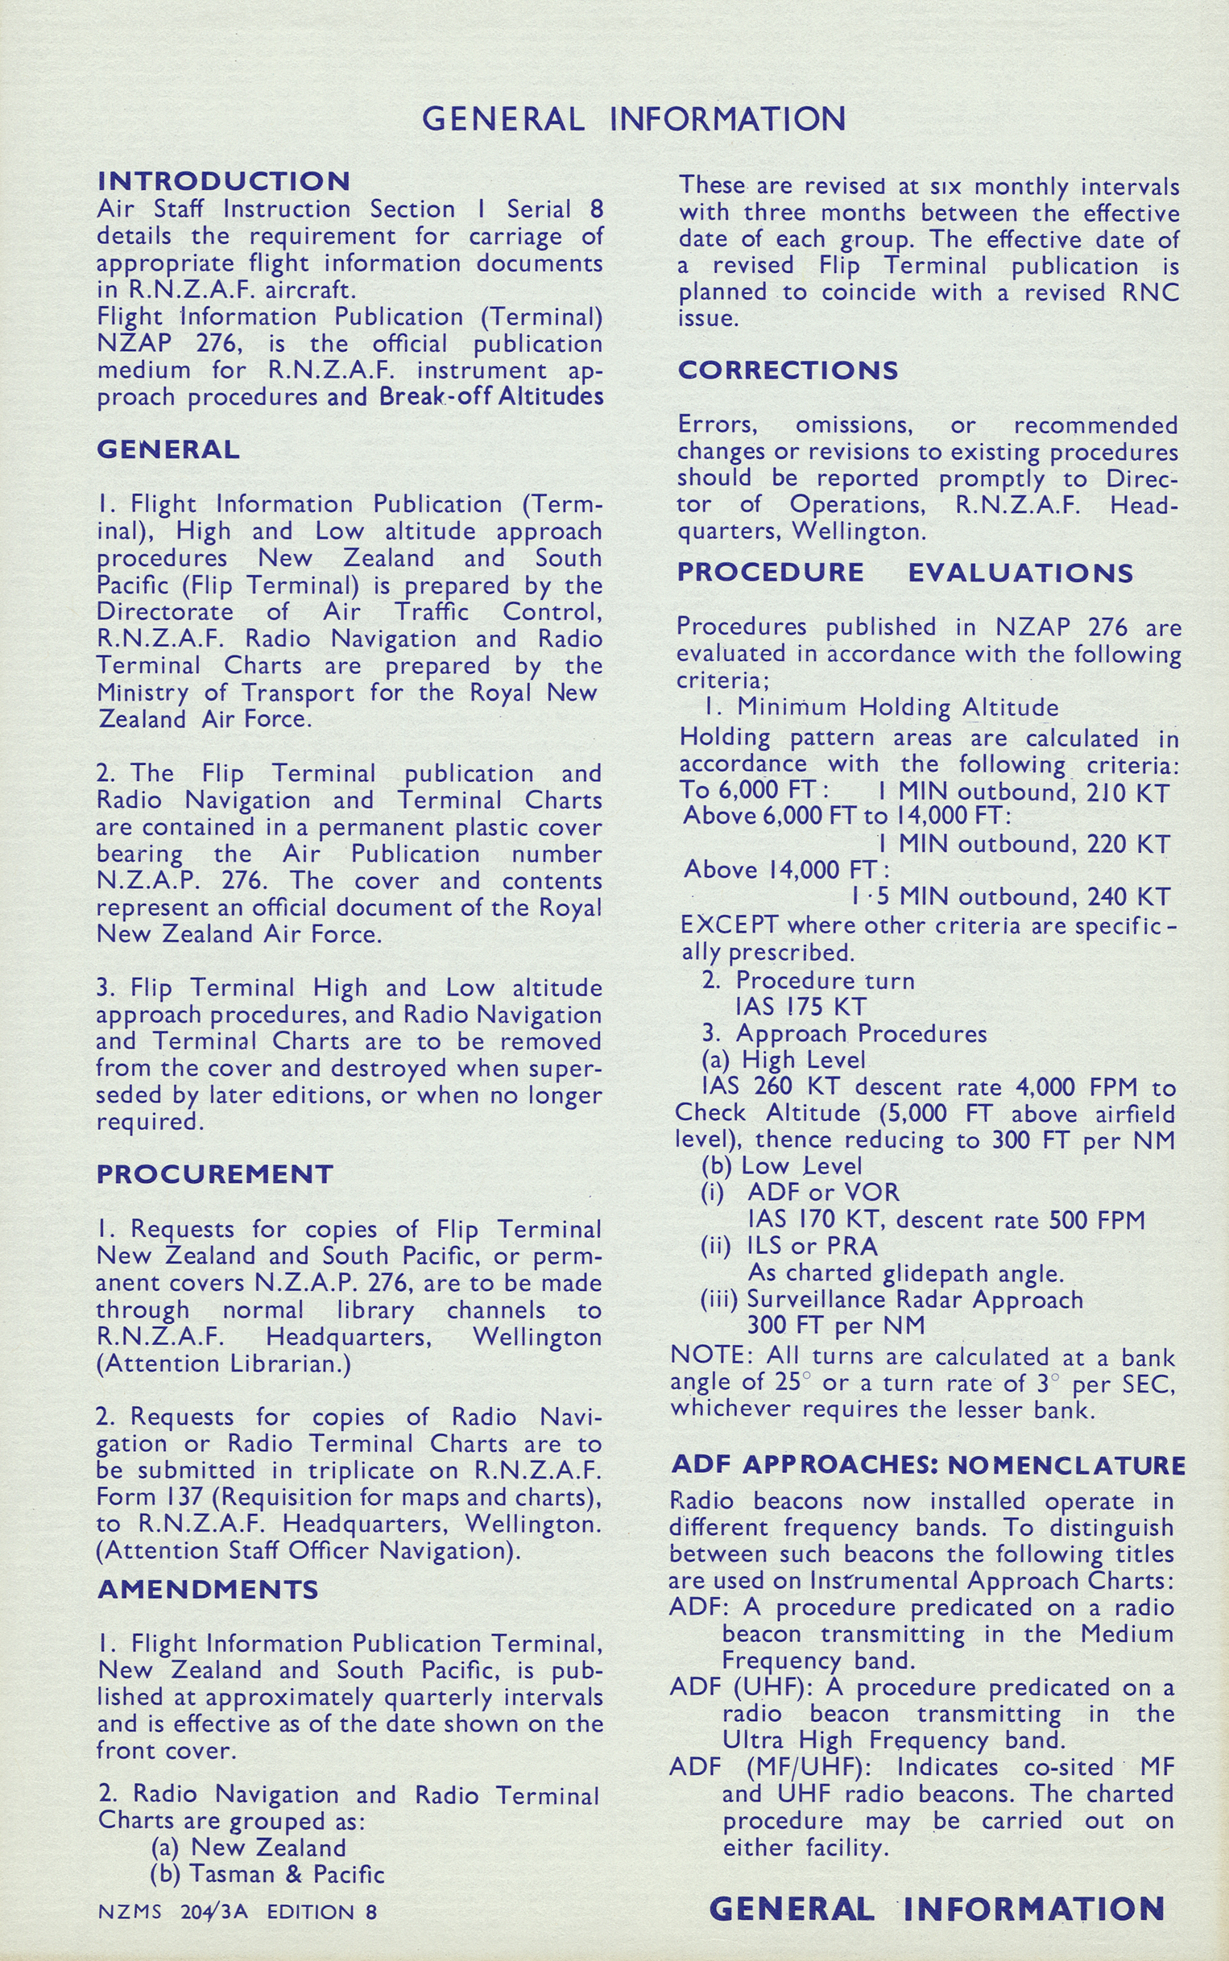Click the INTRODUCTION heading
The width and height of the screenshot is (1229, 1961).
224,180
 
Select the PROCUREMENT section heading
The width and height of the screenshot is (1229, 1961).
214,1173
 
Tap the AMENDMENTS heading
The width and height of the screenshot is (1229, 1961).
207,1589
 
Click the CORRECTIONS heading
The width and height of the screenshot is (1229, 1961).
788,370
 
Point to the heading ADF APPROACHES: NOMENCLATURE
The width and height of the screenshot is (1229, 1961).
929,1465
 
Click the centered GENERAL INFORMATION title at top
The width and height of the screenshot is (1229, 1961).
633,119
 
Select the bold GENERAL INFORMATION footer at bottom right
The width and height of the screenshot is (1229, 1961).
937,1908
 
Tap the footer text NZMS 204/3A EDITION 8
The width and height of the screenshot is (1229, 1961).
238,1911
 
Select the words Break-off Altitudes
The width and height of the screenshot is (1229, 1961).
491,396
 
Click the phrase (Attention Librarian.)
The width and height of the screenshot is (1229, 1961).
224,1363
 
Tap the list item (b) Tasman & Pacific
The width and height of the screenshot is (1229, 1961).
267,1874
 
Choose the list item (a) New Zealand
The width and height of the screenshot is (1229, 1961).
249,1847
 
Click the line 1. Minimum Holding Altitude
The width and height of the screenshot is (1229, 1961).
881,707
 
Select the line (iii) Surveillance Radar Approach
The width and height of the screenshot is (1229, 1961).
892,1300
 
